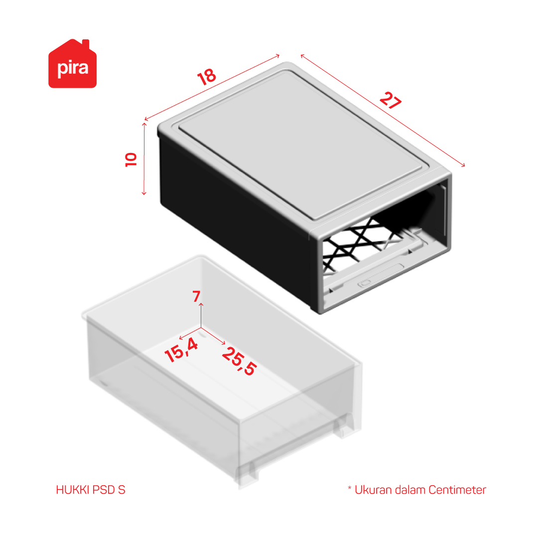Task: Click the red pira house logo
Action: tap(72, 64)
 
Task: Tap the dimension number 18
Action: tap(207, 77)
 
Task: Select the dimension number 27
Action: tap(391, 100)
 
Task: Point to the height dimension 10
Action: tap(131, 159)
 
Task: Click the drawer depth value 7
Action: tap(196, 296)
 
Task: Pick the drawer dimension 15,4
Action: tap(181, 350)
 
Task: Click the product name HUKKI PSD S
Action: tap(91, 490)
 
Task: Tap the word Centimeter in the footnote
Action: tap(457, 490)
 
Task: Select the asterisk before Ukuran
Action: tap(350, 488)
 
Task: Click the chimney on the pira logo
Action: tap(86, 44)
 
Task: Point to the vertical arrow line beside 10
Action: tap(144, 159)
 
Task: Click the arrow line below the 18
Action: tap(212, 88)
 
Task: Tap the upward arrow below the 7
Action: tap(201, 315)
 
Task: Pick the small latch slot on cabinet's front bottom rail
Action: tap(364, 283)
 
